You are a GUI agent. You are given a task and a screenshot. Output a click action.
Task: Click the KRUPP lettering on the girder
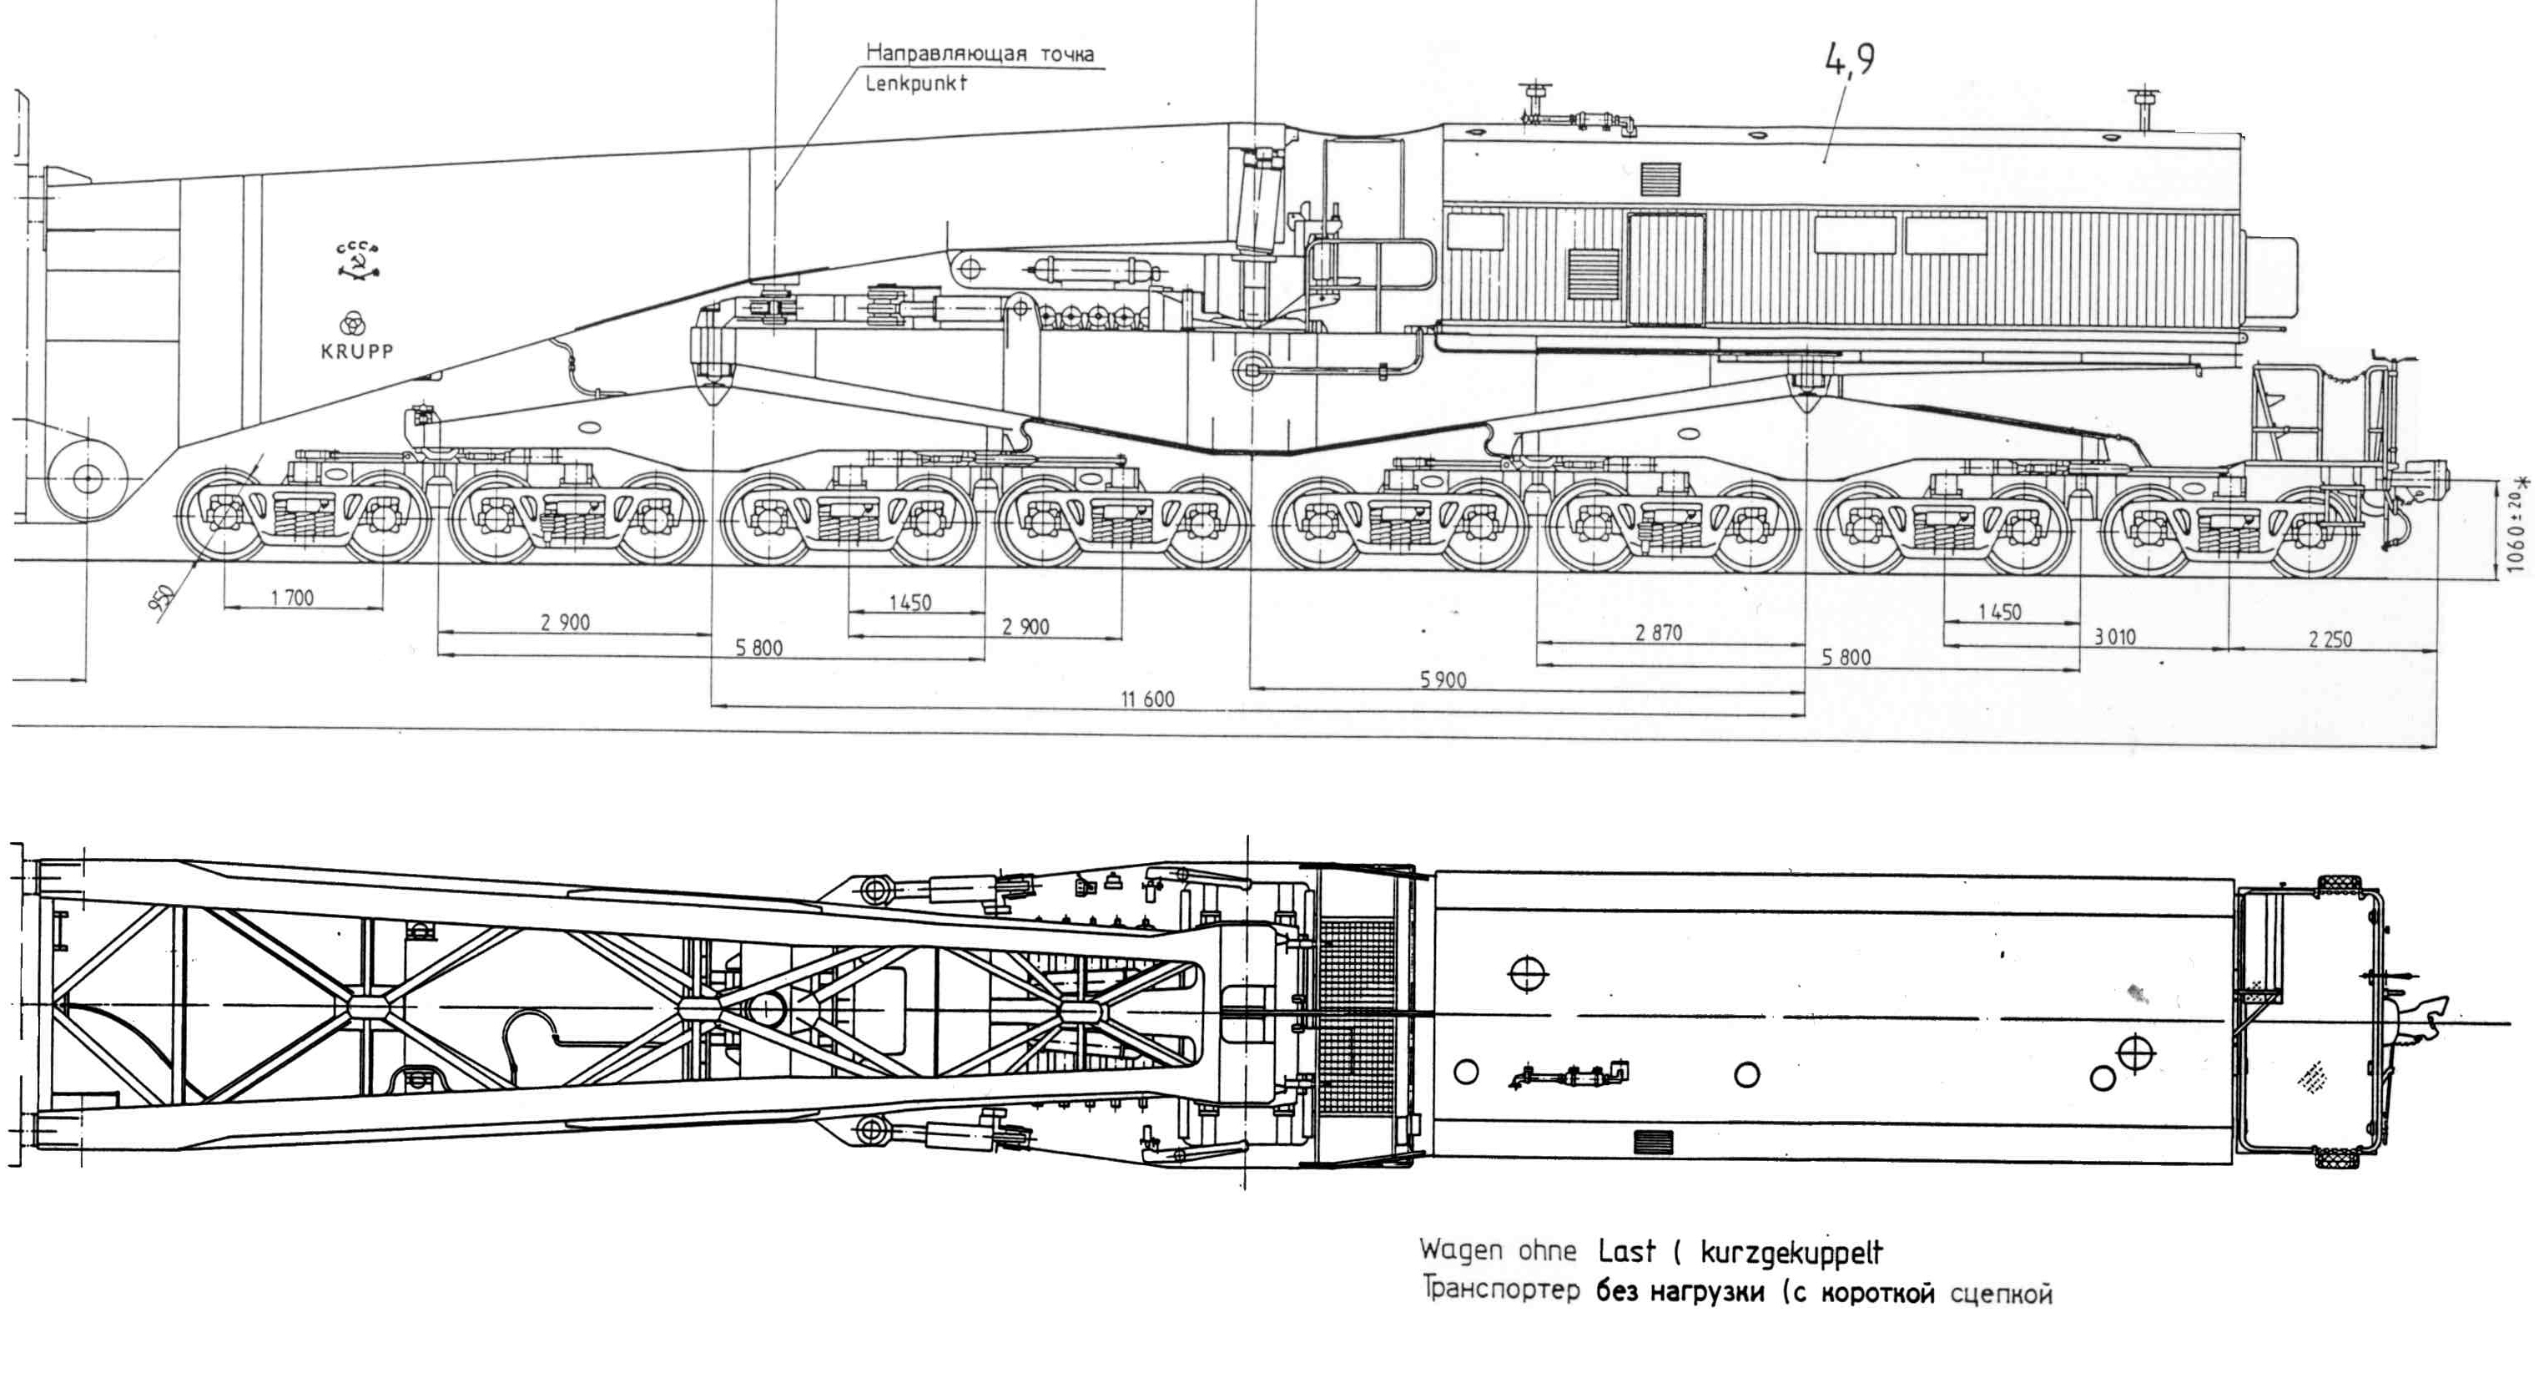pyautogui.click(x=356, y=351)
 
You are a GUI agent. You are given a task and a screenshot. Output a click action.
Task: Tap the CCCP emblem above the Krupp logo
pyautogui.click(x=357, y=260)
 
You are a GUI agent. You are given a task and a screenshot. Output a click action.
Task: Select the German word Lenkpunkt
pyautogui.click(x=915, y=84)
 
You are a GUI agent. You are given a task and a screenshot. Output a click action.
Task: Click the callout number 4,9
pyautogui.click(x=1849, y=59)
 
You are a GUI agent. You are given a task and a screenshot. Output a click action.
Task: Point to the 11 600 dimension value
pyautogui.click(x=1146, y=699)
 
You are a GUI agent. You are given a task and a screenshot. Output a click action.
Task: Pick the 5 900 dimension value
pyautogui.click(x=1443, y=679)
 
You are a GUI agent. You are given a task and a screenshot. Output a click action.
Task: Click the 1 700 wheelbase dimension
pyautogui.click(x=292, y=598)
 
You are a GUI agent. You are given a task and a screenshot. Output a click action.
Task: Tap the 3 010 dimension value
pyautogui.click(x=2114, y=637)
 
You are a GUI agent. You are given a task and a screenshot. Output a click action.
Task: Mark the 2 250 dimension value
pyautogui.click(x=2330, y=639)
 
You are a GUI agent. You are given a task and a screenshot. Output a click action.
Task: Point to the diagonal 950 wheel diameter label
pyautogui.click(x=163, y=598)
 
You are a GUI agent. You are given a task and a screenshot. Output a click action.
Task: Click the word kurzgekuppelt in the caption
pyautogui.click(x=1791, y=1253)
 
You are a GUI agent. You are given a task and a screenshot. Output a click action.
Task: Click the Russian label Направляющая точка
pyautogui.click(x=980, y=53)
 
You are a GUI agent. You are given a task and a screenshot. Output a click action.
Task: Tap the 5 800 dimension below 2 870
pyautogui.click(x=1846, y=657)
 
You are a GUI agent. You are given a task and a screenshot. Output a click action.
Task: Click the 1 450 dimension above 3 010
pyautogui.click(x=1999, y=613)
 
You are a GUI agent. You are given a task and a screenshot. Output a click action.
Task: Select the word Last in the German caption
pyautogui.click(x=1626, y=1251)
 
